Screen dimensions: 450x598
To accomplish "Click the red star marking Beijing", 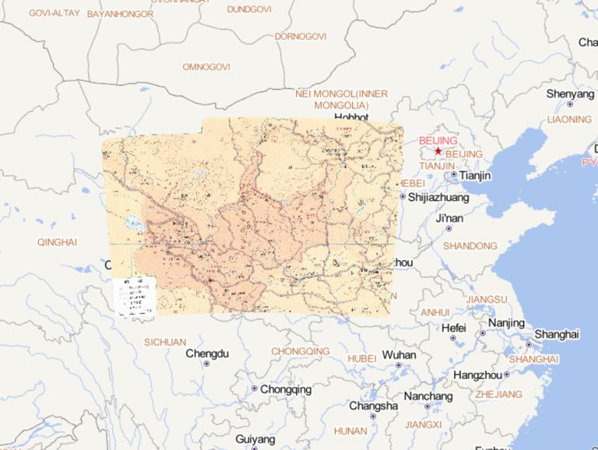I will [438, 151].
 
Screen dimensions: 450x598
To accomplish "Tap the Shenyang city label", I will [569, 93].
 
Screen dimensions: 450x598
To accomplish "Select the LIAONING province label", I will [569, 119].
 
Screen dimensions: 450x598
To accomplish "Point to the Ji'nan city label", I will [449, 218].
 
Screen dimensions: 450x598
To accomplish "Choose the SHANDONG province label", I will [470, 246].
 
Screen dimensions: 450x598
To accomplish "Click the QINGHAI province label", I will [57, 242].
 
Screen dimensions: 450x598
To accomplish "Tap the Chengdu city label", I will [207, 353].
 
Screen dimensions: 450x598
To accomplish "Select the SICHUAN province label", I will [165, 342].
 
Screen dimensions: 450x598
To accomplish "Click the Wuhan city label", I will [399, 355].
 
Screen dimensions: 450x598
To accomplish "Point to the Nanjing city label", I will [506, 323].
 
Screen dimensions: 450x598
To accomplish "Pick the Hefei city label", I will [453, 328].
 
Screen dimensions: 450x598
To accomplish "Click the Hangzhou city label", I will [479, 374].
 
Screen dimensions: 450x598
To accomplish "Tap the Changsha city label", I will [373, 406].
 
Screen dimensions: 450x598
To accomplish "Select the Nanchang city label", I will [427, 396].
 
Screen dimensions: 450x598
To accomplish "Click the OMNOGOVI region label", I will [206, 67].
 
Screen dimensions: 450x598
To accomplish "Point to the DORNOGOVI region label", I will [301, 37].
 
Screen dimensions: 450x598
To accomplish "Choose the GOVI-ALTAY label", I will [54, 13].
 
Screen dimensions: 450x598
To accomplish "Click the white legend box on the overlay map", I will [134, 297].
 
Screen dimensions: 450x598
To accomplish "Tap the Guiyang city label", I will [255, 440].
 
